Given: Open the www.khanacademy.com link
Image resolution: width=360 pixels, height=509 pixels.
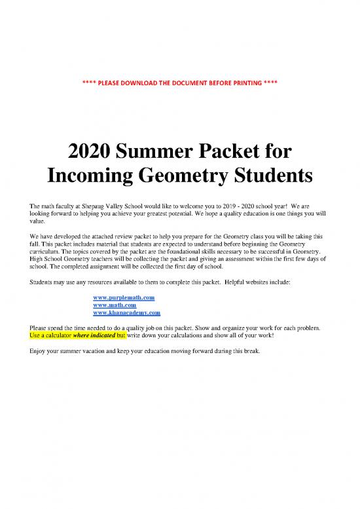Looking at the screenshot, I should [127, 313].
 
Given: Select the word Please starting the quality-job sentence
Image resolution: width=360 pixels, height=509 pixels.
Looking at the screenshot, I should [39, 326].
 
